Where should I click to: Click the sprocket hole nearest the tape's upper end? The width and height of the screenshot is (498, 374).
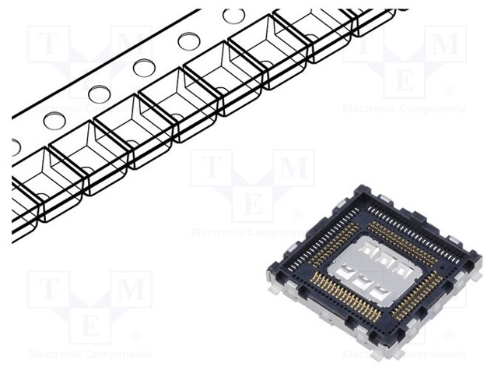(233, 16)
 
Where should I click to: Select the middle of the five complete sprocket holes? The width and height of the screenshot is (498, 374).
(144, 68)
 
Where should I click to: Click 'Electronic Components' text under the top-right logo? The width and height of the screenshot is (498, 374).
(404, 109)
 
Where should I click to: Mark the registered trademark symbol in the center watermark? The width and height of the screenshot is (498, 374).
(298, 214)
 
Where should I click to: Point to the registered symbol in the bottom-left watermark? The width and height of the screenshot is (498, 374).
(135, 336)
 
